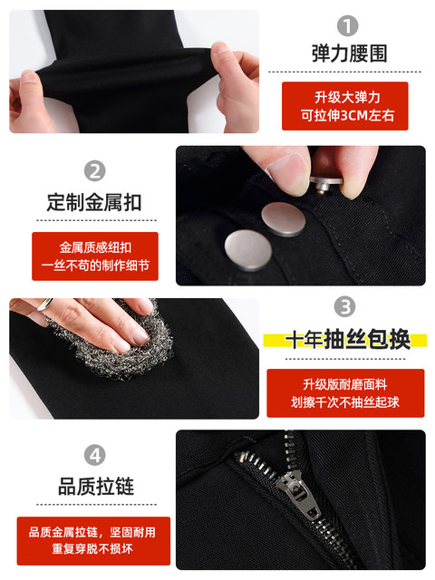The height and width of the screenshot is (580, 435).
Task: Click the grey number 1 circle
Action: pos(347,26)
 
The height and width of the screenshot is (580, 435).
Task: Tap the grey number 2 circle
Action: pos(94,171)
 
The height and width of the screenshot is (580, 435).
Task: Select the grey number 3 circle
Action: pos(344,306)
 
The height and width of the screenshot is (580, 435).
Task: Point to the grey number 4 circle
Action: pos(94,455)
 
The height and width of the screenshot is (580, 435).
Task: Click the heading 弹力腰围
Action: pos(349,53)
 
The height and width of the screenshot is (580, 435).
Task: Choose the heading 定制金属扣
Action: pos(94,202)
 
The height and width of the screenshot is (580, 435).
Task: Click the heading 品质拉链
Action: pos(96,486)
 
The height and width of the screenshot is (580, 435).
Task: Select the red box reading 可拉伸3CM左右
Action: pos(344,106)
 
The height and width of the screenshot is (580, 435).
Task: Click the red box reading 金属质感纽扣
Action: pos(95,256)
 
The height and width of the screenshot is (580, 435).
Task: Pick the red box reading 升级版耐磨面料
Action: pos(345,393)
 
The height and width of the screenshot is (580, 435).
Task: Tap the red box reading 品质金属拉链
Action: pos(93,541)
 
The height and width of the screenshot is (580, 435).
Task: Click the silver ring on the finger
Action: pos(45,304)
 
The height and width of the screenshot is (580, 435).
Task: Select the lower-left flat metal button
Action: pos(248,250)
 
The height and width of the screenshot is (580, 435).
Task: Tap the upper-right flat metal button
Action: pos(284,219)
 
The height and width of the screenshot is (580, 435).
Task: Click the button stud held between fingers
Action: pos(325,183)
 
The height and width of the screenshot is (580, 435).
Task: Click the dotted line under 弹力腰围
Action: pos(344,72)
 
